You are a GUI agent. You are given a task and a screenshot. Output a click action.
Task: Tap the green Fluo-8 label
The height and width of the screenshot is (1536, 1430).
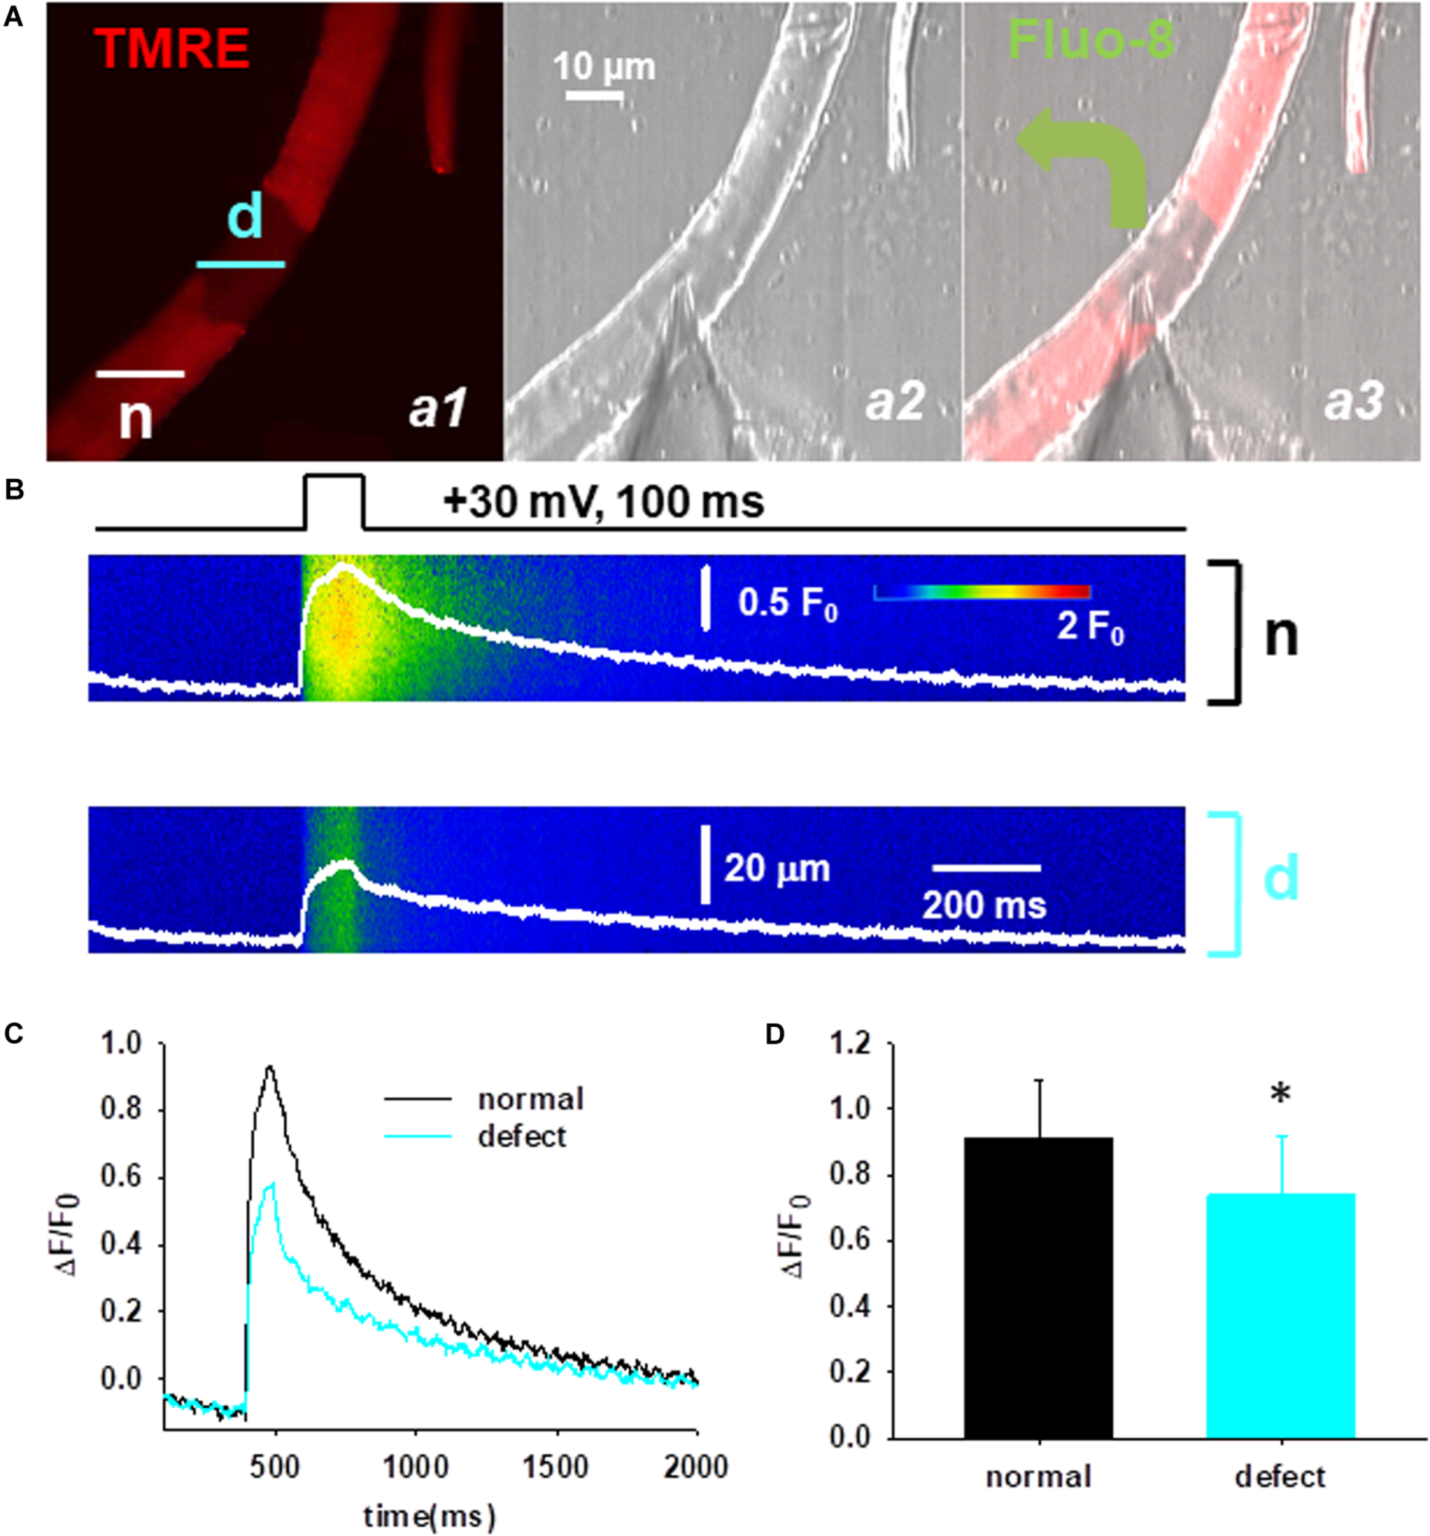pos(1091,39)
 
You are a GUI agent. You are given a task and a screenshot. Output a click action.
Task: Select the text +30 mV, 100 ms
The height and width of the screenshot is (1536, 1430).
pos(604,503)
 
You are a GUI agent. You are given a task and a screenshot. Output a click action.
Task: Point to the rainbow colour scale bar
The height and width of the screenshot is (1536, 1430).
pos(981,592)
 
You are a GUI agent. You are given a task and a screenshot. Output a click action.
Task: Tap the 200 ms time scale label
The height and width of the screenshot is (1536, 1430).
pos(984,904)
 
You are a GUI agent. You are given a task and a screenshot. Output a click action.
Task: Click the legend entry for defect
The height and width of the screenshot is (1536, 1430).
pos(522,1136)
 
